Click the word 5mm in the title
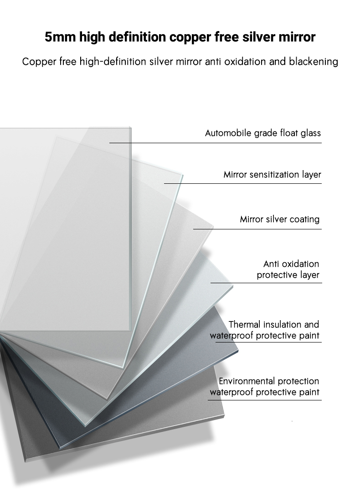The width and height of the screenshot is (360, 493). coord(60,37)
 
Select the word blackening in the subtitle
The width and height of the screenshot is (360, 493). coord(314,61)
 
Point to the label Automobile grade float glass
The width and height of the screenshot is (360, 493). coord(263,133)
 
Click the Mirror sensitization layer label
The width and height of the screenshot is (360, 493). coord(273,175)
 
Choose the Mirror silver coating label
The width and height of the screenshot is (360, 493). coord(280,219)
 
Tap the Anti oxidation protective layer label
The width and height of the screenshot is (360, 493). coord(288,269)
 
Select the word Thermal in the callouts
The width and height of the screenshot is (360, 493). coord(245,324)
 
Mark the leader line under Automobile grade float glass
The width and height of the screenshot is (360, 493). coord(216,143)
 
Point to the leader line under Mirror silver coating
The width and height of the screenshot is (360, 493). coord(257,229)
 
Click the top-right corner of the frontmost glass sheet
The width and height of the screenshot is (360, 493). coord(131,127)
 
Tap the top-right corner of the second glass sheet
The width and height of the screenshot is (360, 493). coord(183,175)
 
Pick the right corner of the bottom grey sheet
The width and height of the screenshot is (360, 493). coord(225,416)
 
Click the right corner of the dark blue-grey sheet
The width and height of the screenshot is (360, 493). coord(238,351)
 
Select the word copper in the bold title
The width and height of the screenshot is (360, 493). coord(190,37)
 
